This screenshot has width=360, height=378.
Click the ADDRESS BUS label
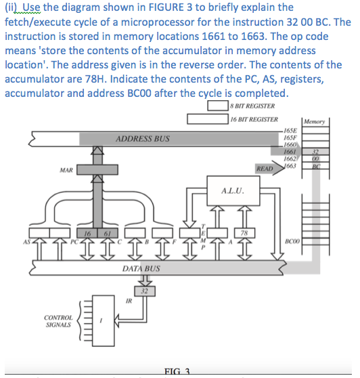(143, 138)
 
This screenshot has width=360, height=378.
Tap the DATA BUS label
(141, 270)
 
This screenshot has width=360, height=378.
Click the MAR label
(66, 170)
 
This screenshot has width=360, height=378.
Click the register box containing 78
(245, 234)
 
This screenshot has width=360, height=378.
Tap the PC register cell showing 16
(89, 234)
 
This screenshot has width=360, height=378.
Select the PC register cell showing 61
(106, 234)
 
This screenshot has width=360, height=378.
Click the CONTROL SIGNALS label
(59, 321)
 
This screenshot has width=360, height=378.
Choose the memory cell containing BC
(316, 165)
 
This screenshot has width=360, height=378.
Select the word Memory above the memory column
(315, 122)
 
